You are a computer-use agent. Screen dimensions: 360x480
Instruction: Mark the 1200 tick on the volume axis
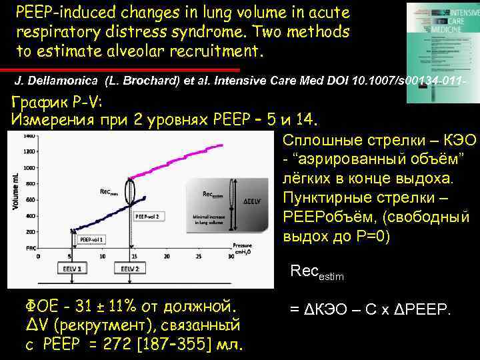(29, 152)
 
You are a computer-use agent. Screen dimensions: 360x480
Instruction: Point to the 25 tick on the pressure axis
(199, 255)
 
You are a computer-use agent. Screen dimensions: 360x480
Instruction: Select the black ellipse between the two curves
(130, 191)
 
